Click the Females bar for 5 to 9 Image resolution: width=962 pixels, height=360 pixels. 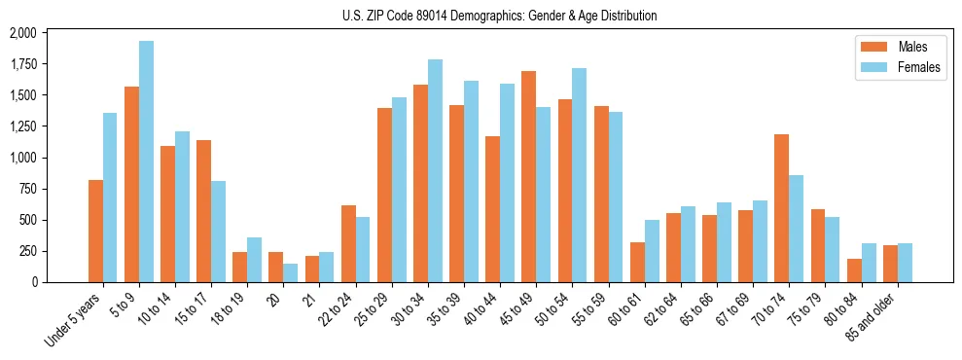point(146,162)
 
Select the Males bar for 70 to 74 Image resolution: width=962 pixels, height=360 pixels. point(782,208)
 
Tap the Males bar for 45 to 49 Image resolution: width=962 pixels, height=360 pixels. point(528,176)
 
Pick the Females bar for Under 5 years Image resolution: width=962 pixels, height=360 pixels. point(110,198)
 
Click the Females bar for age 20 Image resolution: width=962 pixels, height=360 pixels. point(290,272)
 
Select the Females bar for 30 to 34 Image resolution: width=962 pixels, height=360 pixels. point(435,170)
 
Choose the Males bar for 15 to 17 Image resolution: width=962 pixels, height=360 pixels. point(203,211)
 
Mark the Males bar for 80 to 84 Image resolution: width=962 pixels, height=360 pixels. point(854,270)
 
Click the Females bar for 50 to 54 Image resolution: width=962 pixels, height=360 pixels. point(579,175)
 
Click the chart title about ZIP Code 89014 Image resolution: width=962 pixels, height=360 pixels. point(499,16)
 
